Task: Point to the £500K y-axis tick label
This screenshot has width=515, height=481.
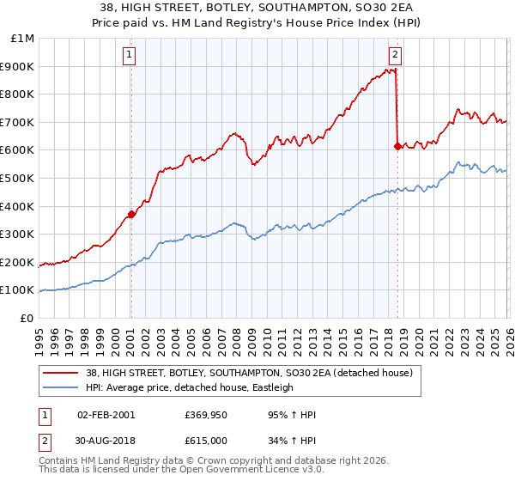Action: tap(17, 179)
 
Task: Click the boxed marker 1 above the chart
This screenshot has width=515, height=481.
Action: tap(129, 55)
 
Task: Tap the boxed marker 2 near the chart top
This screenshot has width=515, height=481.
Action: tap(395, 55)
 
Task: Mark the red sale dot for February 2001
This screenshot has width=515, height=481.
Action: tap(131, 215)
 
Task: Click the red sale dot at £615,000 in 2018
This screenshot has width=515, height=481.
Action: tap(397, 146)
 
